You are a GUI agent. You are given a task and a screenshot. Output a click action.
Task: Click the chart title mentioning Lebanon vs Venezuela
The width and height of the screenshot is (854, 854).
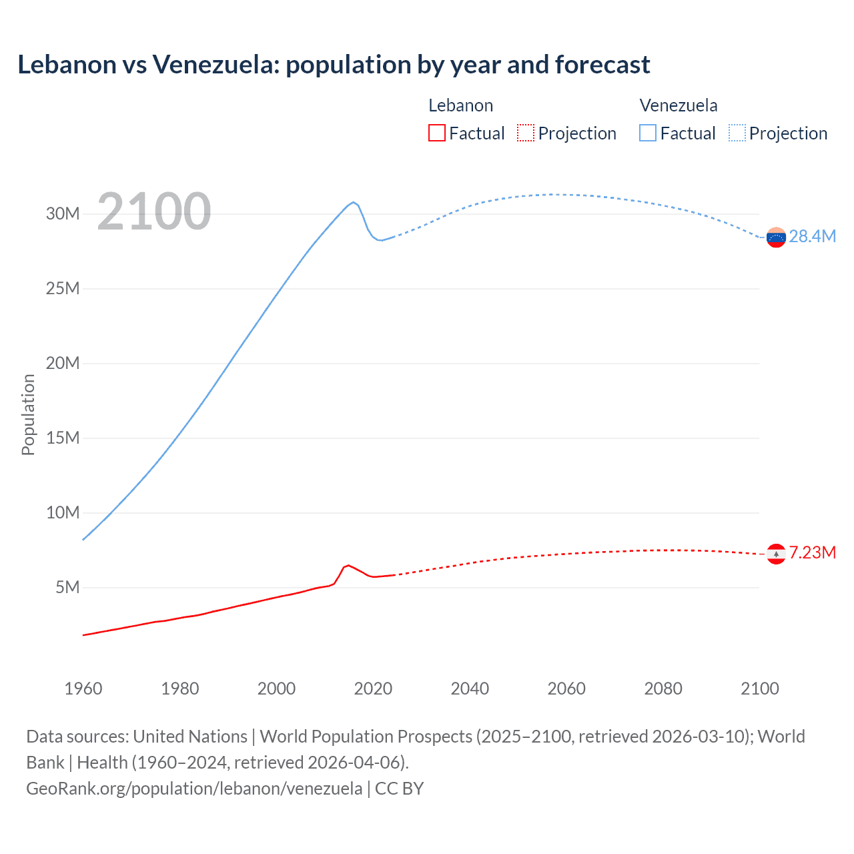334,65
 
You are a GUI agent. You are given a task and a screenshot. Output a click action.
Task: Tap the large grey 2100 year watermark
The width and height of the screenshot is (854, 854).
154,211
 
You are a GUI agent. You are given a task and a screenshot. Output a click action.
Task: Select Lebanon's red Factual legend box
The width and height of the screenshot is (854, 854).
436,133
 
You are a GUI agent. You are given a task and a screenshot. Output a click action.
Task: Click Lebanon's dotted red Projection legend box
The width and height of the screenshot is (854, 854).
526,133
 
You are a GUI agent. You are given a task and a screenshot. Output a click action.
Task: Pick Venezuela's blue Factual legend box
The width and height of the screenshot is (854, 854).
648,133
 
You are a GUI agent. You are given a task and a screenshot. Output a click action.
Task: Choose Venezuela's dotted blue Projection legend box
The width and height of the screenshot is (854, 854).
737,133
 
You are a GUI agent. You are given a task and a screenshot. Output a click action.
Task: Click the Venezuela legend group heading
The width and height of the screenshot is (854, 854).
679,105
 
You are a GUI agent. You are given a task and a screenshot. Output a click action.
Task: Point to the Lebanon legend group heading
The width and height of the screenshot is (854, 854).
460,105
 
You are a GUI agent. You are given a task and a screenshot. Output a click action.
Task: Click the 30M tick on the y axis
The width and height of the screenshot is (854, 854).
63,213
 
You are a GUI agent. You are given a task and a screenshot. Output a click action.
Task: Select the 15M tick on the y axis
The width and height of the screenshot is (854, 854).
63,438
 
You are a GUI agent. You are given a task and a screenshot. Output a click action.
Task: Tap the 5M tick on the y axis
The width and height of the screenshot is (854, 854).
67,587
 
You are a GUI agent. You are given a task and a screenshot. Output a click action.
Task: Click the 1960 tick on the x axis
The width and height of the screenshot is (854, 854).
83,689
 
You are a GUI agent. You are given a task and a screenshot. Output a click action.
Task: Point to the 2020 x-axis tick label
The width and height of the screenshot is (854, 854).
373,689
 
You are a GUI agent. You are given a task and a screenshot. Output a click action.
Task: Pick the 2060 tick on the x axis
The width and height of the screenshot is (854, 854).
566,689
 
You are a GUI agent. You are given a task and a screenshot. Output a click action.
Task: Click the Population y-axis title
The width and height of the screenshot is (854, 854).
28,414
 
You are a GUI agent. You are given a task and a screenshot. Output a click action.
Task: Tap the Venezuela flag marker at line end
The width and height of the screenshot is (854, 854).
776,237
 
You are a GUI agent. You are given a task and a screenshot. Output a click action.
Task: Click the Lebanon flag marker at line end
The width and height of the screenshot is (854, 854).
776,553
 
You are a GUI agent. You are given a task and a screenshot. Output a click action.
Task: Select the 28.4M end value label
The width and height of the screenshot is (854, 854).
812,236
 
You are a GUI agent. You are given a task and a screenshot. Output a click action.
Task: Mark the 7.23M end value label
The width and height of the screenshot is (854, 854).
812,552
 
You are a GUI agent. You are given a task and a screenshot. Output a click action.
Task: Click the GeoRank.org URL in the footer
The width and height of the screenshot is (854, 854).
194,788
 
